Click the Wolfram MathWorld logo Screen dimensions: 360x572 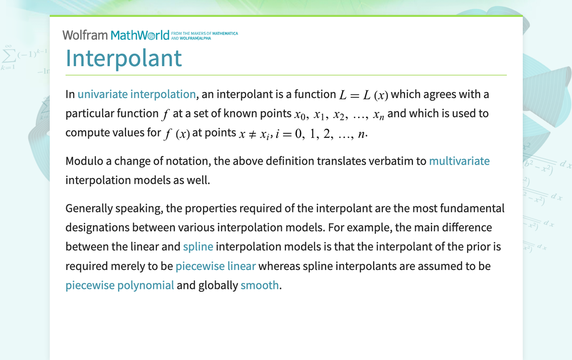pos(116,35)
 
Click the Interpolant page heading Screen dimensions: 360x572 pos(123,58)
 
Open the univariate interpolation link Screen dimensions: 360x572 pos(137,94)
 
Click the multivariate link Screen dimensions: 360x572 pos(459,161)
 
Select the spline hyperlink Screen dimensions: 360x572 pos(198,247)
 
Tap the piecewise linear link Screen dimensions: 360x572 pos(215,266)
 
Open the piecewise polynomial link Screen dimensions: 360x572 pos(120,285)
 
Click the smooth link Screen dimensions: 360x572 pos(260,285)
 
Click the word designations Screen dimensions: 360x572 pos(98,228)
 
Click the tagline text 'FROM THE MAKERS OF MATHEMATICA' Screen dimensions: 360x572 pos(204,33)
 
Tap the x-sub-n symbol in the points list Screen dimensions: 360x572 pos(379,115)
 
